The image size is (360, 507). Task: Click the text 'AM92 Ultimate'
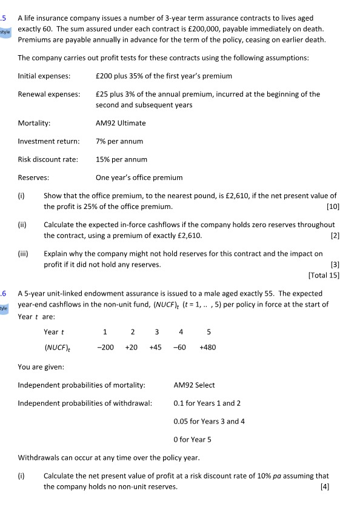pyautogui.click(x=121, y=123)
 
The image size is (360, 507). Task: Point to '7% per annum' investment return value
pyautogui.click(x=119, y=141)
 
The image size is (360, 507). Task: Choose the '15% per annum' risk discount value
pyautogui.click(x=121, y=159)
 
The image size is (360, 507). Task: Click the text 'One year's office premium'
pyautogui.click(x=139, y=177)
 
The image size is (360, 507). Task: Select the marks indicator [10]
pyautogui.click(x=332, y=207)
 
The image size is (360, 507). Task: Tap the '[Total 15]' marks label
pyautogui.click(x=324, y=276)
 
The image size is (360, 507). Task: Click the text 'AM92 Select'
pyautogui.click(x=194, y=385)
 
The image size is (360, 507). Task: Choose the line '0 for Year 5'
pyautogui.click(x=193, y=439)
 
